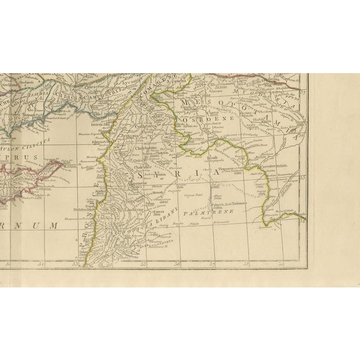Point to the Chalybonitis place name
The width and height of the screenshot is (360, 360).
point(144,149)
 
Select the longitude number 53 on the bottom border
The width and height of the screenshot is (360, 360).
point(75,263)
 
